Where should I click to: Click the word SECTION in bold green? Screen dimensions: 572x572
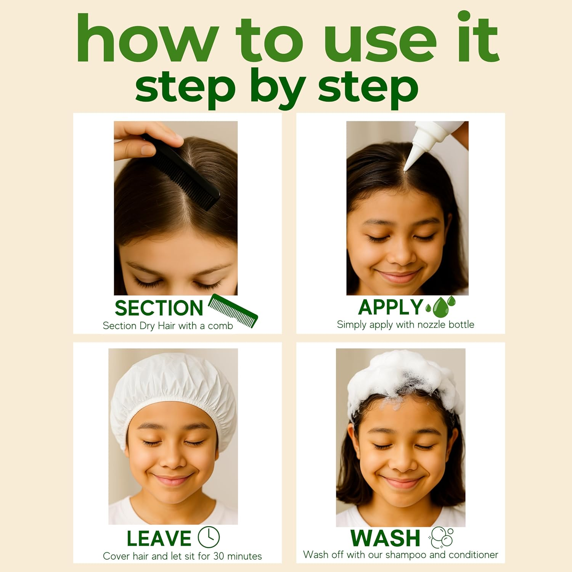point(159,308)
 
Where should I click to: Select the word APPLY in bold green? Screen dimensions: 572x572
point(390,307)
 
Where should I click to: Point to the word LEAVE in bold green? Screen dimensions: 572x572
point(159,538)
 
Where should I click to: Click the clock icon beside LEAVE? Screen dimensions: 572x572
point(209,537)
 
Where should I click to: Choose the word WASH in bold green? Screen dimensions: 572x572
point(385,538)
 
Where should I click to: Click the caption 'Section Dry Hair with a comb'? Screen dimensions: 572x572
point(168,326)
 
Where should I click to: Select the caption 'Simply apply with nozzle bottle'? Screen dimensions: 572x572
point(405,325)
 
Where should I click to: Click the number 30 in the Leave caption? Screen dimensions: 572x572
point(219,556)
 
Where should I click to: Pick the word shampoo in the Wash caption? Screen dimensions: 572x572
point(406,554)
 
